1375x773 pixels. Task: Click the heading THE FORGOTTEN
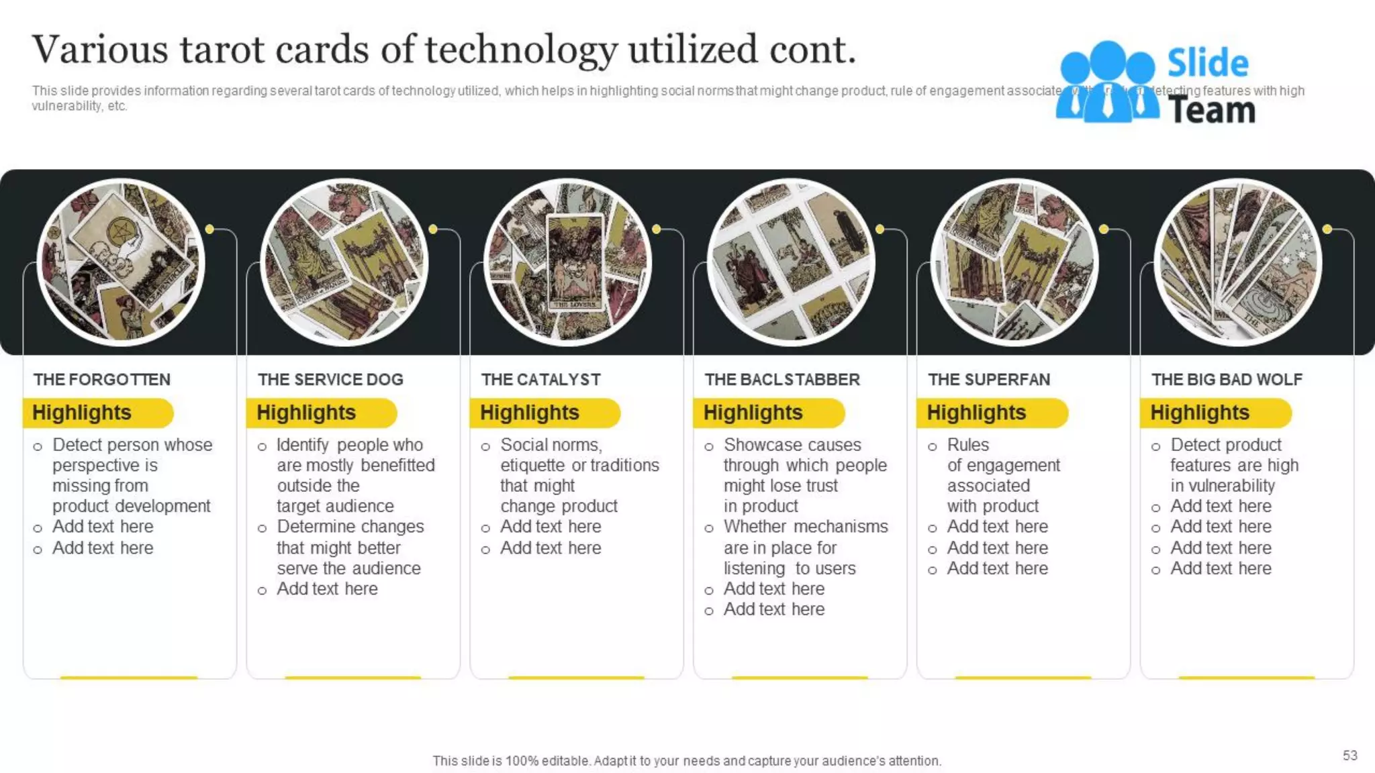[102, 379]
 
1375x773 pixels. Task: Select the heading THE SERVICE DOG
[330, 379]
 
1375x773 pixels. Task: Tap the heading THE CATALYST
[540, 379]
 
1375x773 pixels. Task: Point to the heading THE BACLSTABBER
[782, 379]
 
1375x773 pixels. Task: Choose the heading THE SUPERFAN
[989, 379]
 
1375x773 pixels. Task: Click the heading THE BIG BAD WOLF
[1227, 379]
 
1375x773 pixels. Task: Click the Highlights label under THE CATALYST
[530, 413]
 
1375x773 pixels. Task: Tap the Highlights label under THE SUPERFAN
[977, 413]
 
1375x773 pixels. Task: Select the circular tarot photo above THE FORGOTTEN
[121, 262]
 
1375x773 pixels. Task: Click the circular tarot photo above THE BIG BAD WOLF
[1238, 262]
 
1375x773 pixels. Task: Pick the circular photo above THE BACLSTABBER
[791, 262]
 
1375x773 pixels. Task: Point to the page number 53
[1349, 756]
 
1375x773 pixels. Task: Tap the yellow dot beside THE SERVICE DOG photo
[433, 229]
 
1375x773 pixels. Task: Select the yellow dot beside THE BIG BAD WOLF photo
[1327, 229]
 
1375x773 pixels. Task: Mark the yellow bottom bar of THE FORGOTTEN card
[129, 678]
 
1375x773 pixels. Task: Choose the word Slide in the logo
[1208, 64]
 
